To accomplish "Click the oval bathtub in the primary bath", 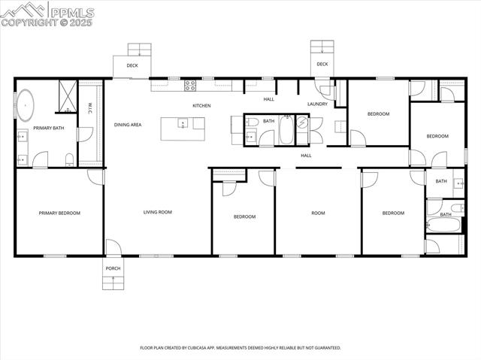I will coord(26,106).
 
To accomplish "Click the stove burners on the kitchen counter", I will coord(191,86).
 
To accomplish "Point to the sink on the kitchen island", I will coord(183,124).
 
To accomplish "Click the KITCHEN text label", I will coord(201,106).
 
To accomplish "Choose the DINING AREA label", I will coord(128,125).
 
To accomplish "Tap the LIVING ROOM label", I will coord(158,213).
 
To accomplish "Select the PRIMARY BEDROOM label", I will coord(59,213).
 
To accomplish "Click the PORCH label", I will coord(113,268).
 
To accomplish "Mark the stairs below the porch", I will coord(113,282).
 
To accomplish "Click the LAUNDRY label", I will coord(317,104).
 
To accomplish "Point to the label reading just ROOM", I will coord(318,213).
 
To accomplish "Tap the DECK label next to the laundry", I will coord(322,65).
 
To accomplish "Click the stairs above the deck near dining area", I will coord(139,50).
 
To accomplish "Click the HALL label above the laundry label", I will coord(269,99).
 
